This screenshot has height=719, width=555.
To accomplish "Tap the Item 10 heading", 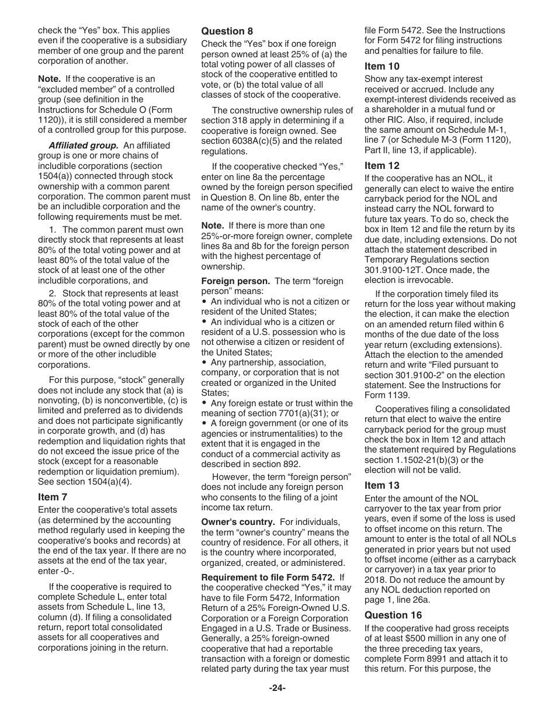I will tap(382, 66).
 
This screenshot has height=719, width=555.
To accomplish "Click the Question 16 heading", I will tap(391, 615).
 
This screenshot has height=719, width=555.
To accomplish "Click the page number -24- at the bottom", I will tap(277, 688).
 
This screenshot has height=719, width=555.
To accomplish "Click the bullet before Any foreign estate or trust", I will tap(204, 403).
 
